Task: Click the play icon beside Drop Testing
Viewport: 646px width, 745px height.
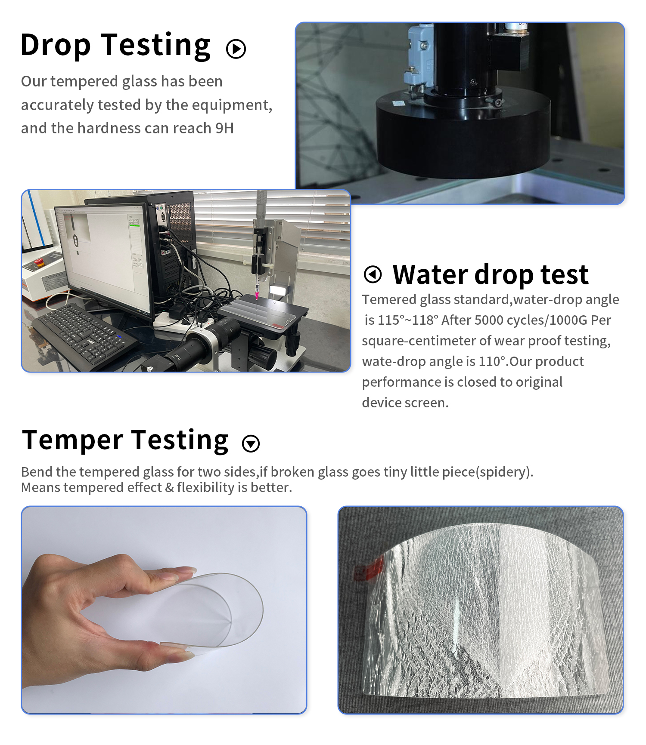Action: pyautogui.click(x=236, y=49)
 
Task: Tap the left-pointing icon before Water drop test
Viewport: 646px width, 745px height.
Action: pyautogui.click(x=373, y=274)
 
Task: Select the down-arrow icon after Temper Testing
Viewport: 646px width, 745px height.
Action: pyautogui.click(x=251, y=443)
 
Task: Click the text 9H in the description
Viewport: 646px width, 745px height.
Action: pyautogui.click(x=224, y=128)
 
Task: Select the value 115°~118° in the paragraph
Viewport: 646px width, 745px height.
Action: pyautogui.click(x=407, y=320)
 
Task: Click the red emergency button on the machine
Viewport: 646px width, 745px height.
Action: pyautogui.click(x=39, y=261)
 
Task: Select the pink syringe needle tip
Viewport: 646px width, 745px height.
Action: pyautogui.click(x=257, y=296)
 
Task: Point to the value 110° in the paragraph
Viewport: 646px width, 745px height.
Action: pyautogui.click(x=491, y=361)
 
